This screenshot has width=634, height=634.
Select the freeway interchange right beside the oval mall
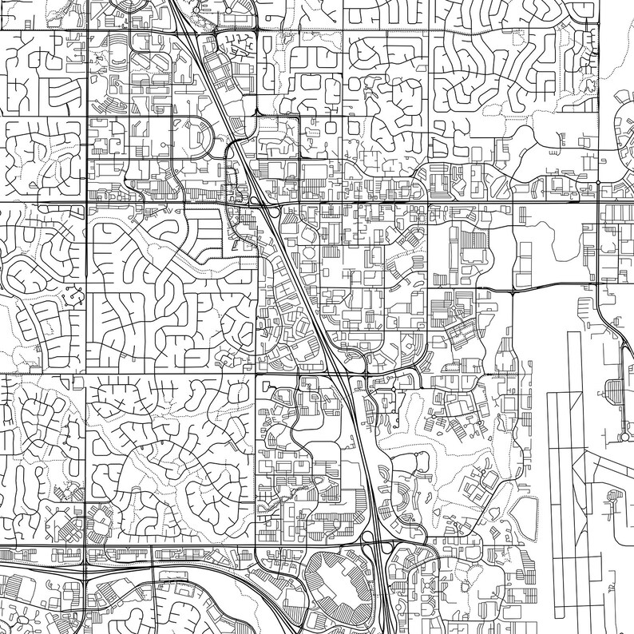click(375, 549)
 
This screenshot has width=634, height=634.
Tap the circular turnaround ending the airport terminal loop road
click(624, 438)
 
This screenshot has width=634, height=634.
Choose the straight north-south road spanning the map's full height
click(85, 319)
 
